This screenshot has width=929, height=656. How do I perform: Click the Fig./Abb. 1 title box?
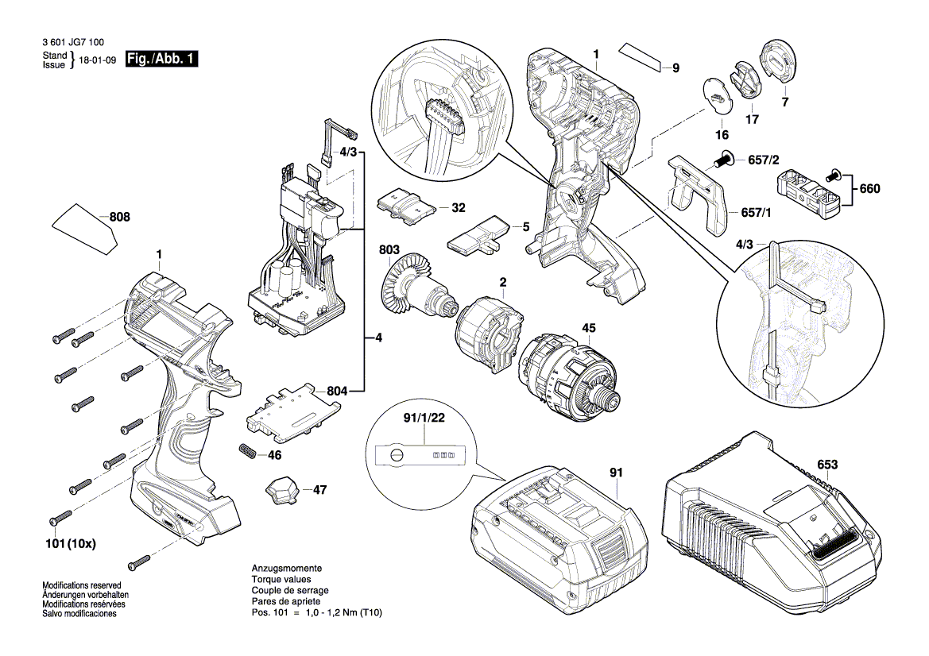[x=161, y=59]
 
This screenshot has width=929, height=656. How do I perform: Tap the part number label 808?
[x=120, y=218]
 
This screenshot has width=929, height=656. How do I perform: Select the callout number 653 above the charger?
[x=827, y=464]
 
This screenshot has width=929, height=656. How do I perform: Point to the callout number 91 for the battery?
[x=616, y=473]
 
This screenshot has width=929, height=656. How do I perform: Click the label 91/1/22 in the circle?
[x=424, y=418]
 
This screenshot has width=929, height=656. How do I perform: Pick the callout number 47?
[x=320, y=490]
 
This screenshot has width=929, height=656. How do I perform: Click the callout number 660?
[x=869, y=189]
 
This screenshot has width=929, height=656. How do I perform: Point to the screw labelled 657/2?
[x=722, y=158]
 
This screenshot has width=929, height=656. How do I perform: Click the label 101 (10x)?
[x=71, y=543]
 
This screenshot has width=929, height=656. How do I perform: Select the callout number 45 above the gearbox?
[x=588, y=328]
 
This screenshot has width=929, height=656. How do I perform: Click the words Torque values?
[x=281, y=580]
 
